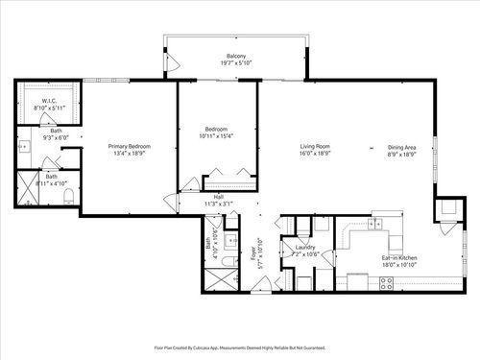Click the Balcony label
235,57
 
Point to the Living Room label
314,147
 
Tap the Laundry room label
306,247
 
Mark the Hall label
218,197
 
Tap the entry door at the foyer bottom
260,284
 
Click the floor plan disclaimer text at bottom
240,348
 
